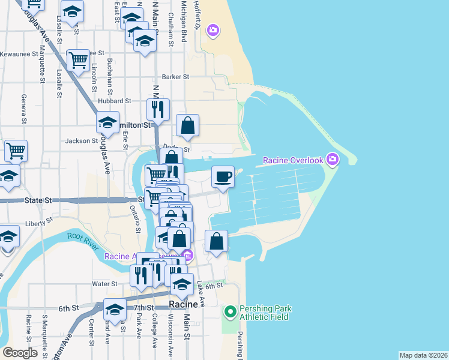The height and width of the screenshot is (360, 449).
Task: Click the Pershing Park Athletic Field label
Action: click(x=265, y=313)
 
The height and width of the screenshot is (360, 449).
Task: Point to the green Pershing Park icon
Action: click(x=230, y=312)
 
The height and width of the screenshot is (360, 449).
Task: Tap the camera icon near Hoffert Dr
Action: click(x=212, y=29)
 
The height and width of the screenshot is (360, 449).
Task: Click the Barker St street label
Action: click(x=176, y=77)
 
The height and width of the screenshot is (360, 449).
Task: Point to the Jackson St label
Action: click(x=82, y=141)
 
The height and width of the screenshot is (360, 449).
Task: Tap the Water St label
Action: click(x=104, y=284)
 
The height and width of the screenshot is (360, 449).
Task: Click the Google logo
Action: click(x=20, y=352)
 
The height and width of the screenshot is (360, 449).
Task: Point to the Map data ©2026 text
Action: click(x=423, y=355)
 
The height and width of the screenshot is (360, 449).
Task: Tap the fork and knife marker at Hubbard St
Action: click(x=158, y=110)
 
